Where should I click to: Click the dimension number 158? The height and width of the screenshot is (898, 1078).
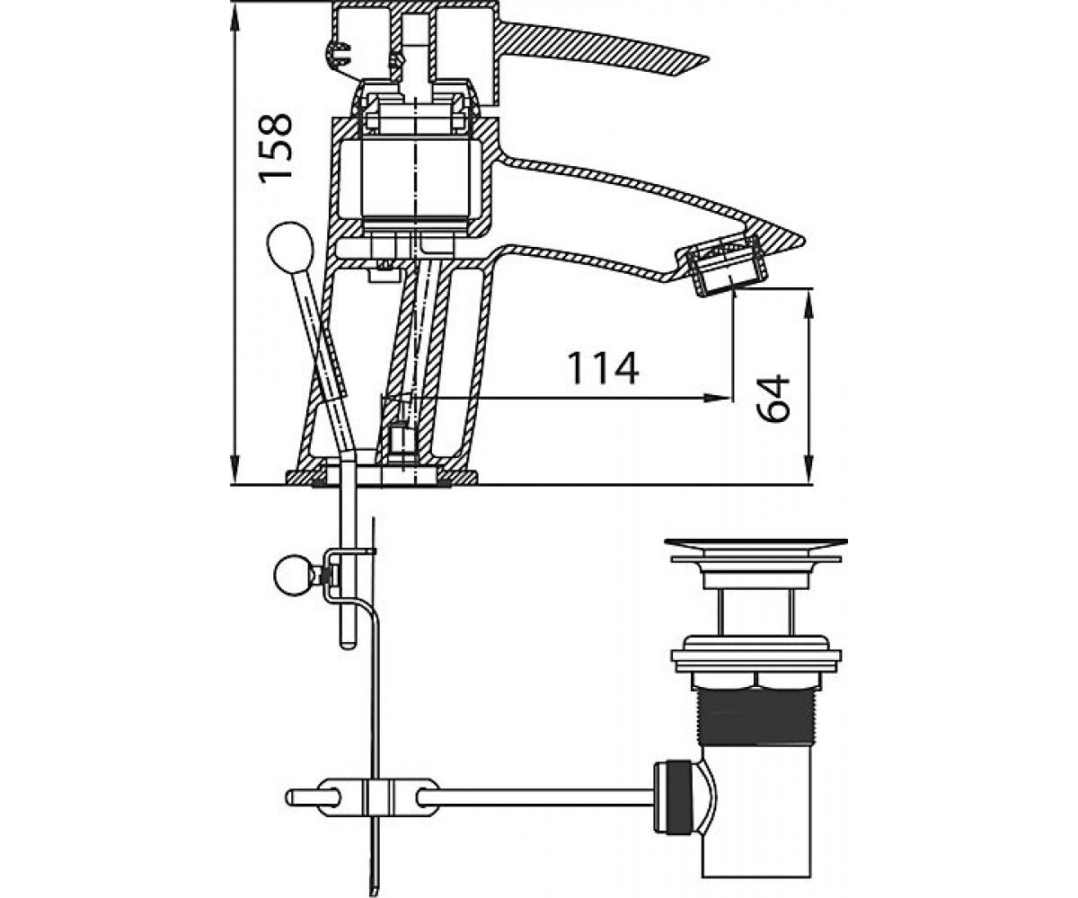click(x=276, y=148)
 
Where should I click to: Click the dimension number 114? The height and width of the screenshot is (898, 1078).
click(x=603, y=368)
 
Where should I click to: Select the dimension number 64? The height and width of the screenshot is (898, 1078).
click(x=773, y=399)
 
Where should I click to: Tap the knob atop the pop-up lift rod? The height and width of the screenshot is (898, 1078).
click(x=290, y=247)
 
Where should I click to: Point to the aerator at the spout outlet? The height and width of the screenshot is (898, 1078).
click(x=722, y=265)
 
